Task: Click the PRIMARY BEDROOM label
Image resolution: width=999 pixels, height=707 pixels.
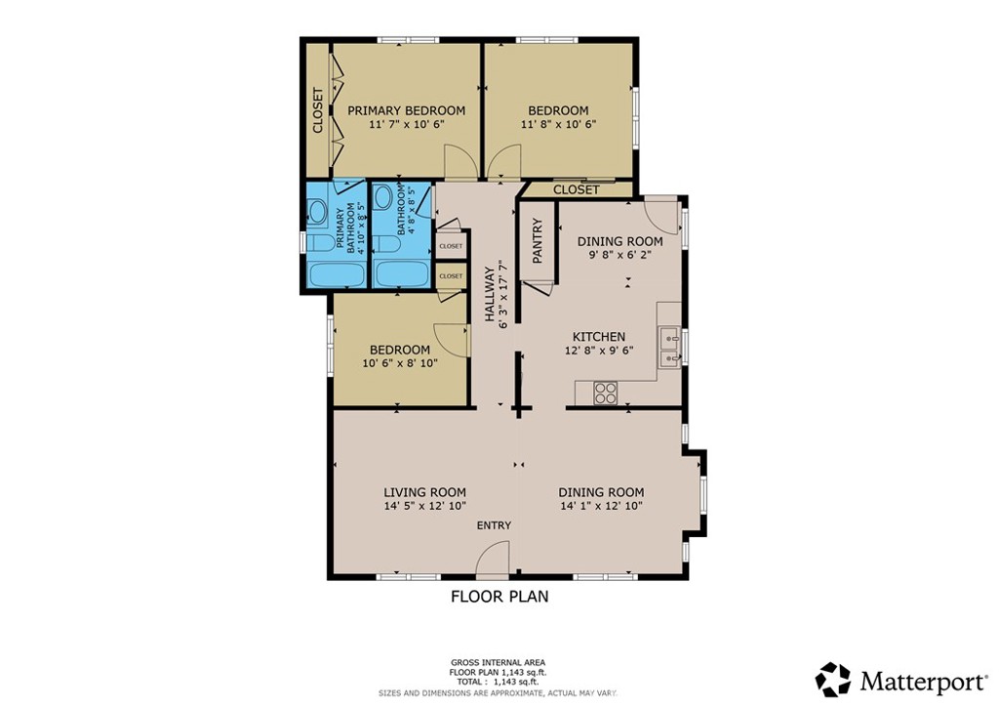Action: (x=406, y=110)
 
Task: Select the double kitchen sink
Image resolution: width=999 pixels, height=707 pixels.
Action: (x=670, y=348)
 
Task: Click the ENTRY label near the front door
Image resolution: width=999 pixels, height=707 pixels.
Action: (x=494, y=525)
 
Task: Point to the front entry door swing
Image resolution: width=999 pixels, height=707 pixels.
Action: (x=494, y=561)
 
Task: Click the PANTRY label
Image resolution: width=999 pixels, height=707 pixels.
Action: (x=537, y=240)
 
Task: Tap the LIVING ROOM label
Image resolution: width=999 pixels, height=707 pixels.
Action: (x=424, y=492)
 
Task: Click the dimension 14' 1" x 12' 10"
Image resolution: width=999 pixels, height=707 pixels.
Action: (x=601, y=506)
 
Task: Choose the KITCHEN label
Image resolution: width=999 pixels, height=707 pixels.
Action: (x=598, y=337)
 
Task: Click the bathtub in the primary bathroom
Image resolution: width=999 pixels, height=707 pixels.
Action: (x=337, y=274)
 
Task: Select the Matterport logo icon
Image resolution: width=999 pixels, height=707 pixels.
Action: (x=833, y=679)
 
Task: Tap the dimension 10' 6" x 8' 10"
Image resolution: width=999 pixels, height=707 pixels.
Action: (x=399, y=363)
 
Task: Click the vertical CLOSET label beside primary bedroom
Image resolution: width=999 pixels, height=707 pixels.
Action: (x=317, y=110)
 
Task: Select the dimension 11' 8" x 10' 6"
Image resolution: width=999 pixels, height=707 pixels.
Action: (x=558, y=124)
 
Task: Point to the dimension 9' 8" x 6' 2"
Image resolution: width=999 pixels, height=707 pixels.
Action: (x=619, y=255)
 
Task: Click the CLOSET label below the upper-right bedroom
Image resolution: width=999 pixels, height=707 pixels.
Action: (x=576, y=189)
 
